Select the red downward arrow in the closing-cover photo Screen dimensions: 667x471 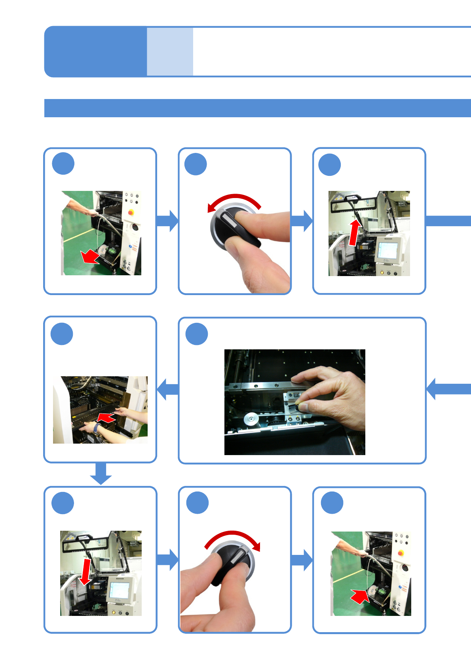pyautogui.click(x=85, y=572)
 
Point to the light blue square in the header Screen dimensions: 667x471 pyautogui.click(x=170, y=51)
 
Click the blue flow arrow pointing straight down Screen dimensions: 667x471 pyautogui.click(x=101, y=473)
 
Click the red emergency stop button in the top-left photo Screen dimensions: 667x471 pyautogui.click(x=131, y=212)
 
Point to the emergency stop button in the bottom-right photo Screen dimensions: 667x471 pyautogui.click(x=401, y=553)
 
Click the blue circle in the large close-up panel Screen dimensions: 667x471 pyautogui.click(x=197, y=334)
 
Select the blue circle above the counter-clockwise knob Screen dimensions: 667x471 pyautogui.click(x=196, y=164)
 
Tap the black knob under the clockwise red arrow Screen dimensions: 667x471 pyautogui.click(x=232, y=562)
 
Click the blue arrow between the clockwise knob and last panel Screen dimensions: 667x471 pyautogui.click(x=302, y=560)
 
